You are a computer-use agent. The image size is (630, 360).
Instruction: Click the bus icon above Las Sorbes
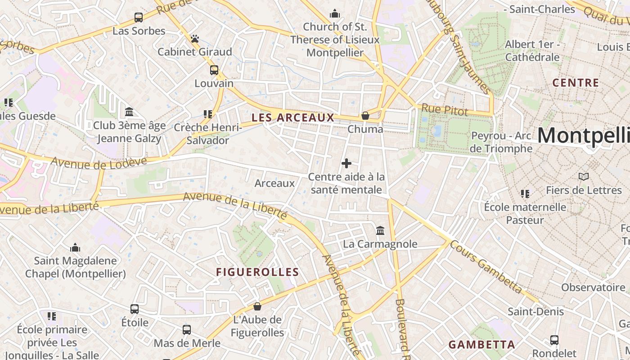point(139,18)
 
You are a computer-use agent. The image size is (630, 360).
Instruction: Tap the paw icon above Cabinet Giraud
point(194,39)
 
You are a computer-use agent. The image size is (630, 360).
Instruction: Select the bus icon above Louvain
point(214,70)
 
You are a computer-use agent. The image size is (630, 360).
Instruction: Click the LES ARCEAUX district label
point(293,118)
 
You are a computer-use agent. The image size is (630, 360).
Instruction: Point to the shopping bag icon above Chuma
point(365,116)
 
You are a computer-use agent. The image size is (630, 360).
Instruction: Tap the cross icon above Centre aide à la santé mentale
point(346,163)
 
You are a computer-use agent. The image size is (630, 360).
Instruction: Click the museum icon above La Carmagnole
point(380,230)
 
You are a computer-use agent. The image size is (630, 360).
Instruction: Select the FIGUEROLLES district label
point(257,272)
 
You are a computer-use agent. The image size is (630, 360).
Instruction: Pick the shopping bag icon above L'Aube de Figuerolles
point(257,306)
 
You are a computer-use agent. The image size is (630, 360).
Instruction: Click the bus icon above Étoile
point(135,309)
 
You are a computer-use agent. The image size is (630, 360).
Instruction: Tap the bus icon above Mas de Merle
point(187,330)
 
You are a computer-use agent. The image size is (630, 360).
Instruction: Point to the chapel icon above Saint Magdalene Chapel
point(75,247)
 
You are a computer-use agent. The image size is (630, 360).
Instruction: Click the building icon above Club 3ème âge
point(129,112)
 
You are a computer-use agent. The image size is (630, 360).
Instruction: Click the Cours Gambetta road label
point(486,266)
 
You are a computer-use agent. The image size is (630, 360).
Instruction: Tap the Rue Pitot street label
point(444,109)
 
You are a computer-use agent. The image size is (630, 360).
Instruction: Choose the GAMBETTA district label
point(481,345)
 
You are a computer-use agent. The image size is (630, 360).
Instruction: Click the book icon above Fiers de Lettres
point(584,177)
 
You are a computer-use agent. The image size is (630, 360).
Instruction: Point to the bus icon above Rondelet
point(554,340)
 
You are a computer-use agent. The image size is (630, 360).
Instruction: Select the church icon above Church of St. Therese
point(334,14)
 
